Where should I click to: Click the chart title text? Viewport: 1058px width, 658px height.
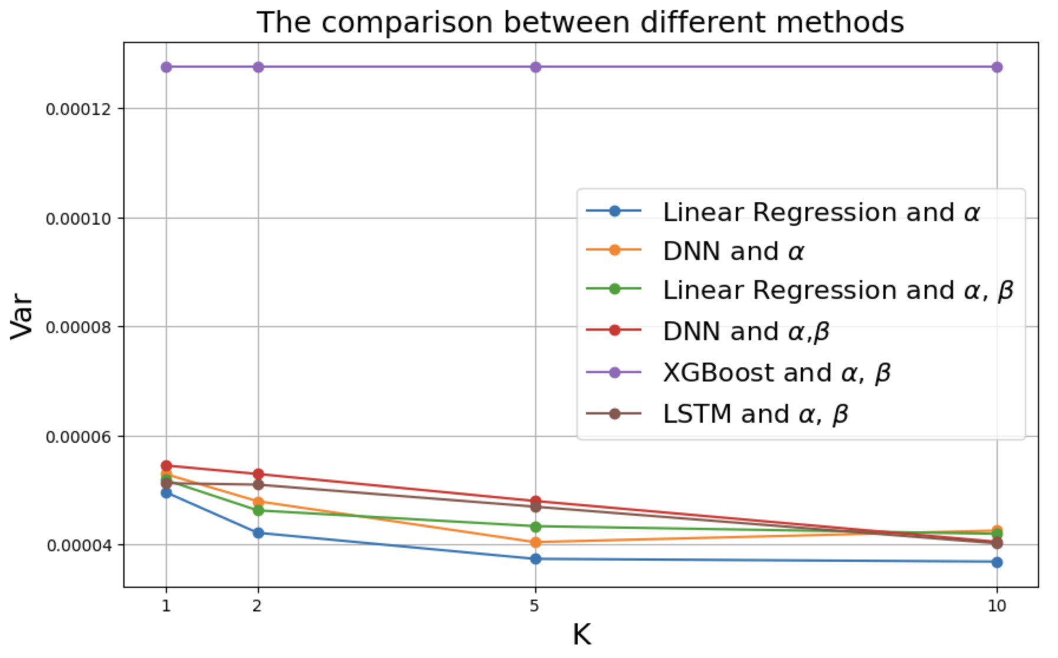tap(580, 22)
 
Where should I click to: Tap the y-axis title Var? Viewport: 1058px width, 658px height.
tap(22, 315)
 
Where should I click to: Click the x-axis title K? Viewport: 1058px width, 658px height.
tap(581, 635)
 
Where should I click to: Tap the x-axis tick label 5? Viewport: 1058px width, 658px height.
tap(535, 606)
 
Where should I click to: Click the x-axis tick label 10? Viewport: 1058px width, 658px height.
tap(997, 606)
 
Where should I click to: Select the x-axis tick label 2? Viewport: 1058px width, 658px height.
tap(257, 606)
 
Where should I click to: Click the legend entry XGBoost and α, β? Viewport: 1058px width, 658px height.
tap(776, 373)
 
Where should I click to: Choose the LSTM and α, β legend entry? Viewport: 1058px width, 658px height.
tap(755, 414)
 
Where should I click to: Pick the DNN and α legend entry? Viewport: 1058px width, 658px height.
tap(733, 251)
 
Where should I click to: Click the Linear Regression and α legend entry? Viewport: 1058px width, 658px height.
tap(821, 212)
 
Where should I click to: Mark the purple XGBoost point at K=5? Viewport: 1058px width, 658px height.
tap(535, 67)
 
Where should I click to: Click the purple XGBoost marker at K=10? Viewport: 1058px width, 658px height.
tap(997, 67)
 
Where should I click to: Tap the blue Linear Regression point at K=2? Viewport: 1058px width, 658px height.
tap(258, 533)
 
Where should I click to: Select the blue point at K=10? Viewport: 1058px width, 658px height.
tap(997, 562)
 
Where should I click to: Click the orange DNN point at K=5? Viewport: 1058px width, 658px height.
tap(535, 542)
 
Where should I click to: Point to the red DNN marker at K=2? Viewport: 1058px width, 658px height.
tap(258, 474)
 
